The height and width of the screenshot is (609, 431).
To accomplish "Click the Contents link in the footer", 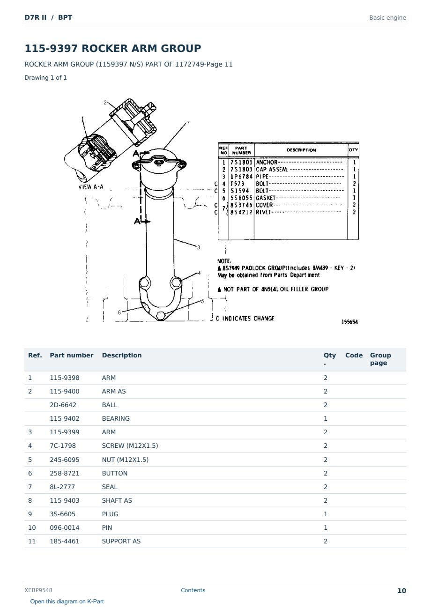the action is coord(193,590).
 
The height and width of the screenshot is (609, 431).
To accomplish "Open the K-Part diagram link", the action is coord(67,601).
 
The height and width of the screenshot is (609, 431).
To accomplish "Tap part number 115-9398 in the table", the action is coord(65,378).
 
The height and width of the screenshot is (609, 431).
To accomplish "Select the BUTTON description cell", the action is coord(114,473).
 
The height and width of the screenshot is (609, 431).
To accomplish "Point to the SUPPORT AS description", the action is coord(121,541).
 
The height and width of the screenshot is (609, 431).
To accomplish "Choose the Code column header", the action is coord(354,355).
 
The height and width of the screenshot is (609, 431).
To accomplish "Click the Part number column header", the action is coord(72,355).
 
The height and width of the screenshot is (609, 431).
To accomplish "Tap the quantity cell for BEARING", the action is coord(326,418).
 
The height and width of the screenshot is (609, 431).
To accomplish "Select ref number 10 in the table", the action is coord(32,527).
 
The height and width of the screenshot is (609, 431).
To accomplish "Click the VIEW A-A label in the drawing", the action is coord(91,187).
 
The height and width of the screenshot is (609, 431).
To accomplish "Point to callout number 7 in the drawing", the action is coord(188,123).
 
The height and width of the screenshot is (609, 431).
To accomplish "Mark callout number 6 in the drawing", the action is coord(119,312).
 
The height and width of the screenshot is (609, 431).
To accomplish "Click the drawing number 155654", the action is coord(349,322).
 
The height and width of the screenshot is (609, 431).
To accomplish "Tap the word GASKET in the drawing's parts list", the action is coord(266,198).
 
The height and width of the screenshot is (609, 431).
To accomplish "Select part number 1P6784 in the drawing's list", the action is coord(241,177).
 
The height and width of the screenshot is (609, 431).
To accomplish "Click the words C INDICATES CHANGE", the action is coord(245,319).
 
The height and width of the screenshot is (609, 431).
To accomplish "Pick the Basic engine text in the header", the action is coord(387,18).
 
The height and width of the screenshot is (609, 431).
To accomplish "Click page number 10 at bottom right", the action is coord(401,591).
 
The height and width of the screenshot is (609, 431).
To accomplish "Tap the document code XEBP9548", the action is coord(38,590).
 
